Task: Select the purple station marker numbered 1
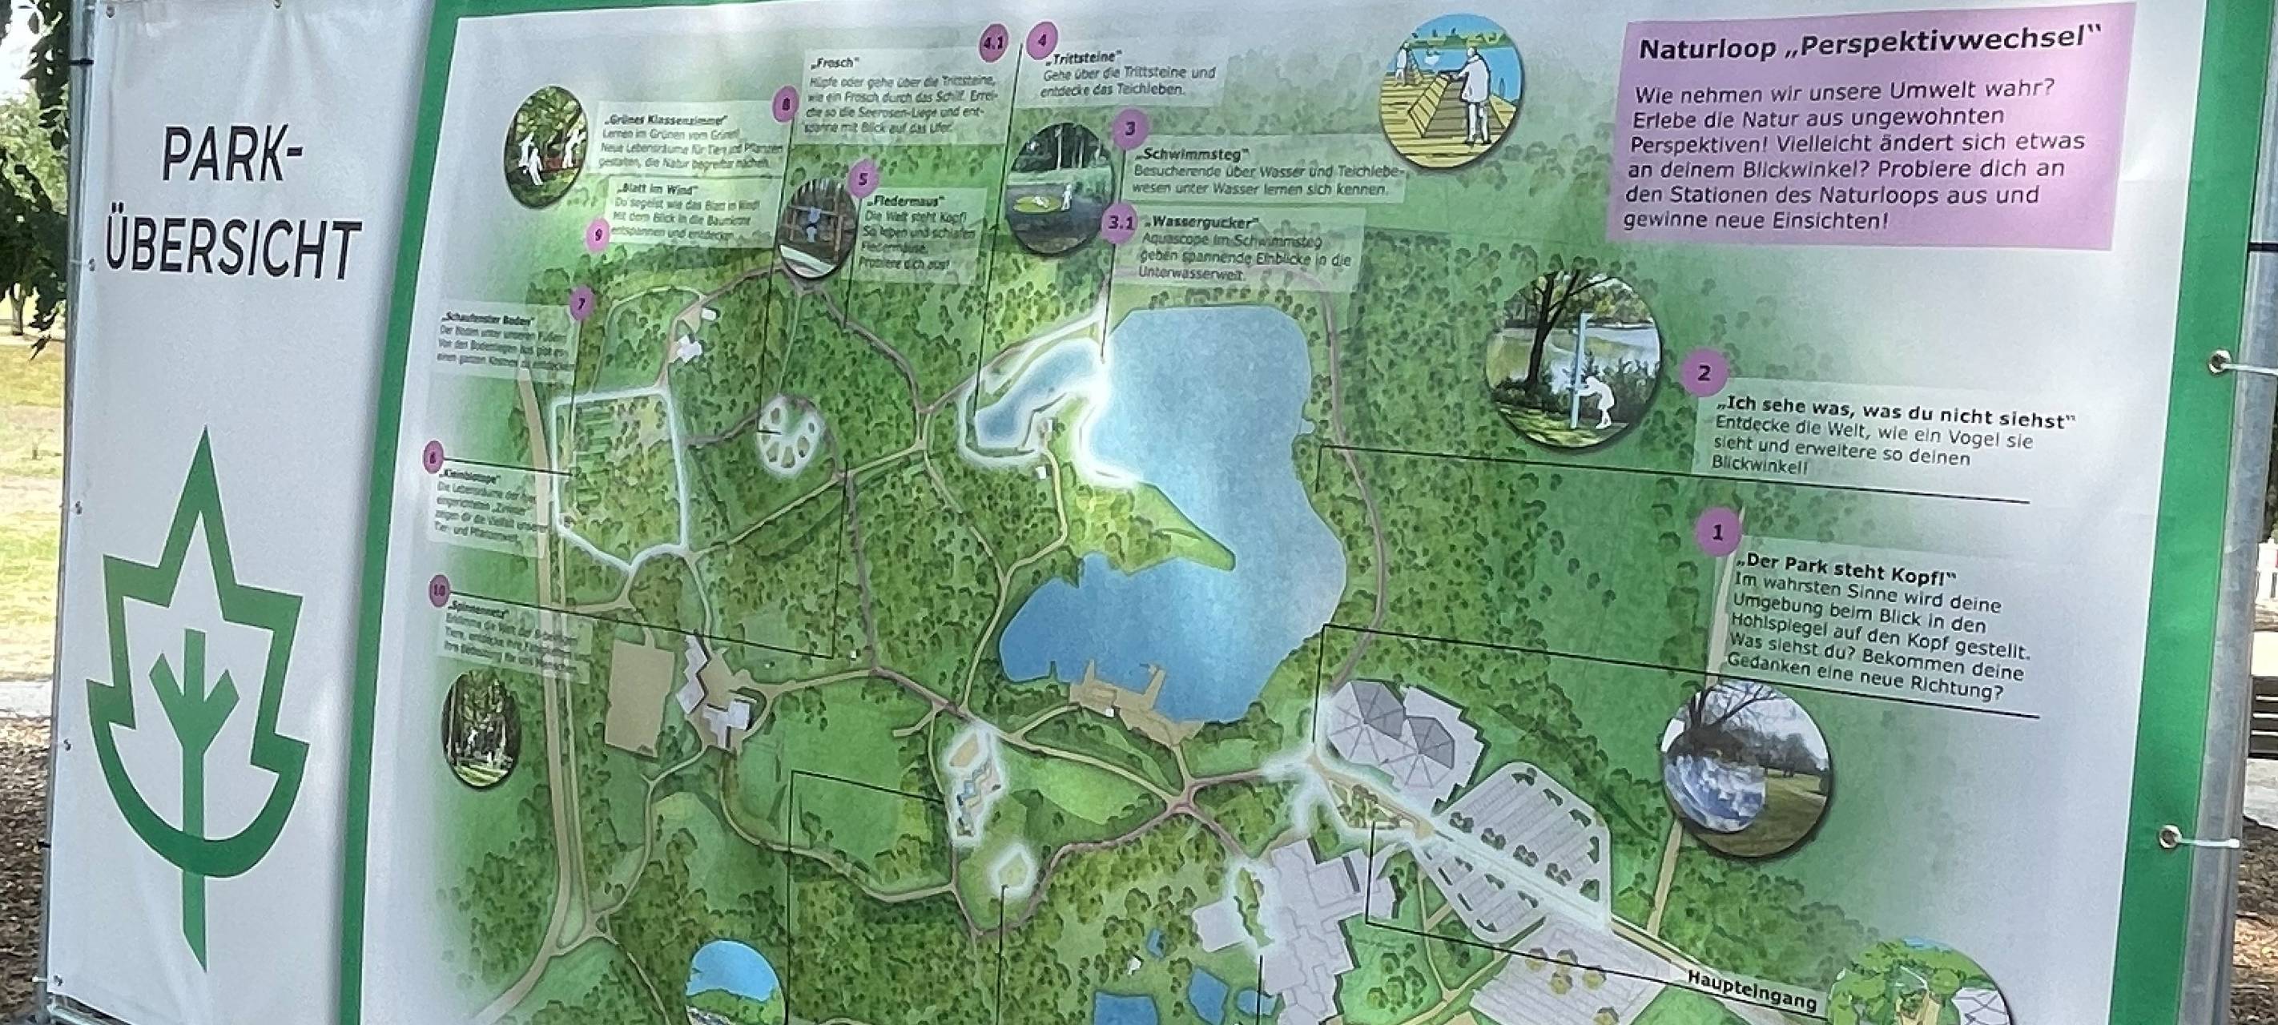[x=1718, y=533]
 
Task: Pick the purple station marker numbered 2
[x=1703, y=373]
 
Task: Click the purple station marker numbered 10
[x=439, y=590]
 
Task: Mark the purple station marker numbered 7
[x=580, y=305]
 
